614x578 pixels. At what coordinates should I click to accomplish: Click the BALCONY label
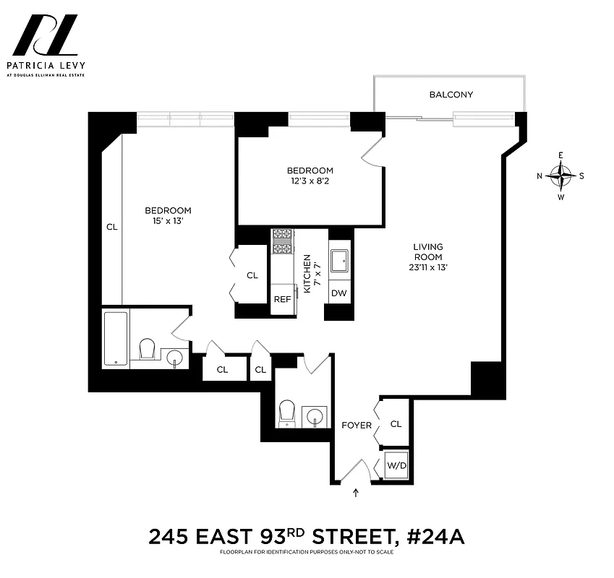451,95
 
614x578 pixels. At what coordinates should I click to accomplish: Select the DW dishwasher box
338,293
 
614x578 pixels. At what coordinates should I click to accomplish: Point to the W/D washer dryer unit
397,466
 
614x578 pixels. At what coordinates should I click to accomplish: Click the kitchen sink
339,261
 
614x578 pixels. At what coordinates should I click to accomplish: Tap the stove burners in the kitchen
281,241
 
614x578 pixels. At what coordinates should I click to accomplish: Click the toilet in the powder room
287,413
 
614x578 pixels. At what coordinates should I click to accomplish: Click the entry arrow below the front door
356,493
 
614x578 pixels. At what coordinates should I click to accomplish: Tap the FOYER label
357,426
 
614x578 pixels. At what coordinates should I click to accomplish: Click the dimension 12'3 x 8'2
310,181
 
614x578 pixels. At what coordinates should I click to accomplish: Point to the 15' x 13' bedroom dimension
168,221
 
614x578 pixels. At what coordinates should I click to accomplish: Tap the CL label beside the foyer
396,424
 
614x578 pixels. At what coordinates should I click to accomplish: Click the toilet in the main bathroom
148,349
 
